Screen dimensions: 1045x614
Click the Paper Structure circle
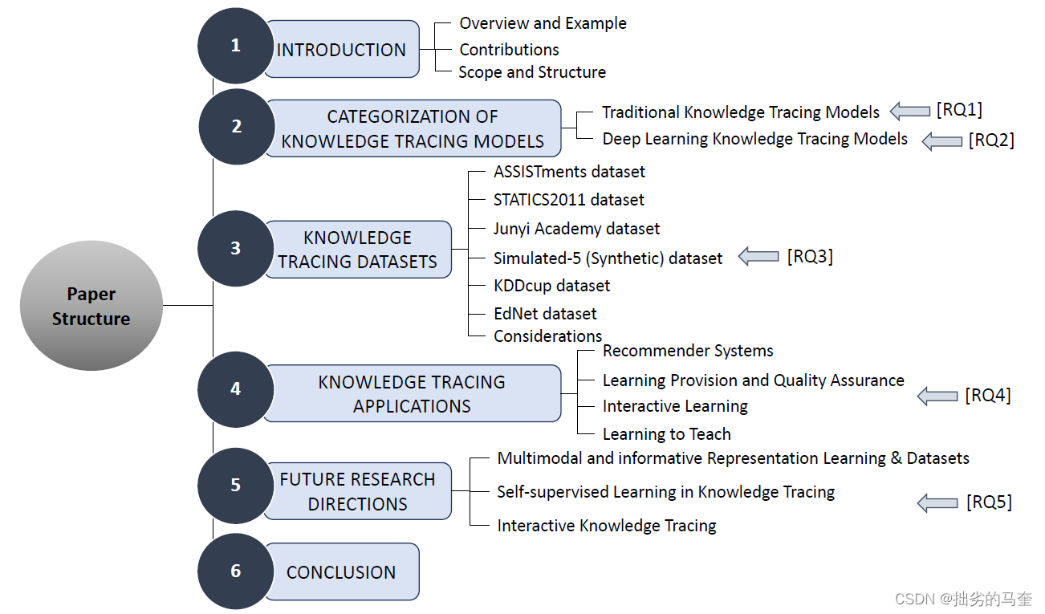[x=91, y=306]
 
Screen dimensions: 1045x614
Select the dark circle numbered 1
[x=235, y=46]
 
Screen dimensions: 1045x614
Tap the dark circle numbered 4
[x=235, y=389]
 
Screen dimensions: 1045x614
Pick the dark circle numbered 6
[x=235, y=571]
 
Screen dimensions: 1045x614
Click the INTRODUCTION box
[x=342, y=50]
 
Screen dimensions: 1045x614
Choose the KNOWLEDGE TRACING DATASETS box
[x=358, y=250]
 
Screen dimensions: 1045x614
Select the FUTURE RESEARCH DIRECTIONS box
[x=358, y=491]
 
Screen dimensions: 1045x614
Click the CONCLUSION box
[x=342, y=571]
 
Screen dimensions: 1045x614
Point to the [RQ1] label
[x=959, y=110]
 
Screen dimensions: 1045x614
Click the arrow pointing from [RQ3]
[x=758, y=257]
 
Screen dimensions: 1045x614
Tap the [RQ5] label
[x=989, y=502]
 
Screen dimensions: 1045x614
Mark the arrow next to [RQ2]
[x=941, y=141]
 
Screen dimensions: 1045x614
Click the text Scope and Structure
[x=532, y=72]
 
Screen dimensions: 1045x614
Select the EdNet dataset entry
[x=545, y=313]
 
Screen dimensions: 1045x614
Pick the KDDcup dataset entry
[x=551, y=286]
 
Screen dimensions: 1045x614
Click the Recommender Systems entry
[x=688, y=351]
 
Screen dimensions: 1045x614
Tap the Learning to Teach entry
[x=667, y=434]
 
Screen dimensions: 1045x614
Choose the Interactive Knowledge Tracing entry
[x=607, y=526]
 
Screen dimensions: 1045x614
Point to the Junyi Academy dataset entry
[x=576, y=229]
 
